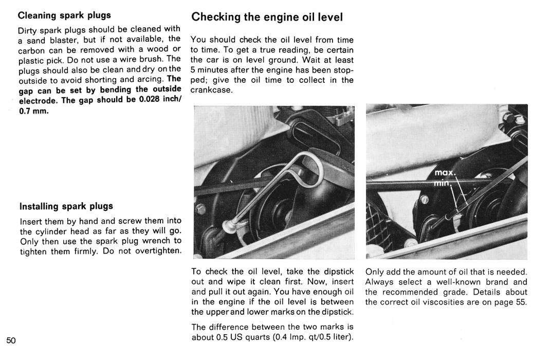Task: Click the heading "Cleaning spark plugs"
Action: pyautogui.click(x=64, y=15)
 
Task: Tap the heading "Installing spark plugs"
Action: pyautogui.click(x=66, y=206)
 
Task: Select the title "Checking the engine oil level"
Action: pyautogui.click(x=267, y=17)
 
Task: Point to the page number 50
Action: pyautogui.click(x=11, y=340)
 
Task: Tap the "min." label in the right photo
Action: pyautogui.click(x=443, y=184)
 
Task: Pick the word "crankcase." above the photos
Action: pyautogui.click(x=211, y=90)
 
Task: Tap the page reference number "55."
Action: pyautogui.click(x=521, y=302)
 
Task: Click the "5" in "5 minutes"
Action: pyautogui.click(x=193, y=70)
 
